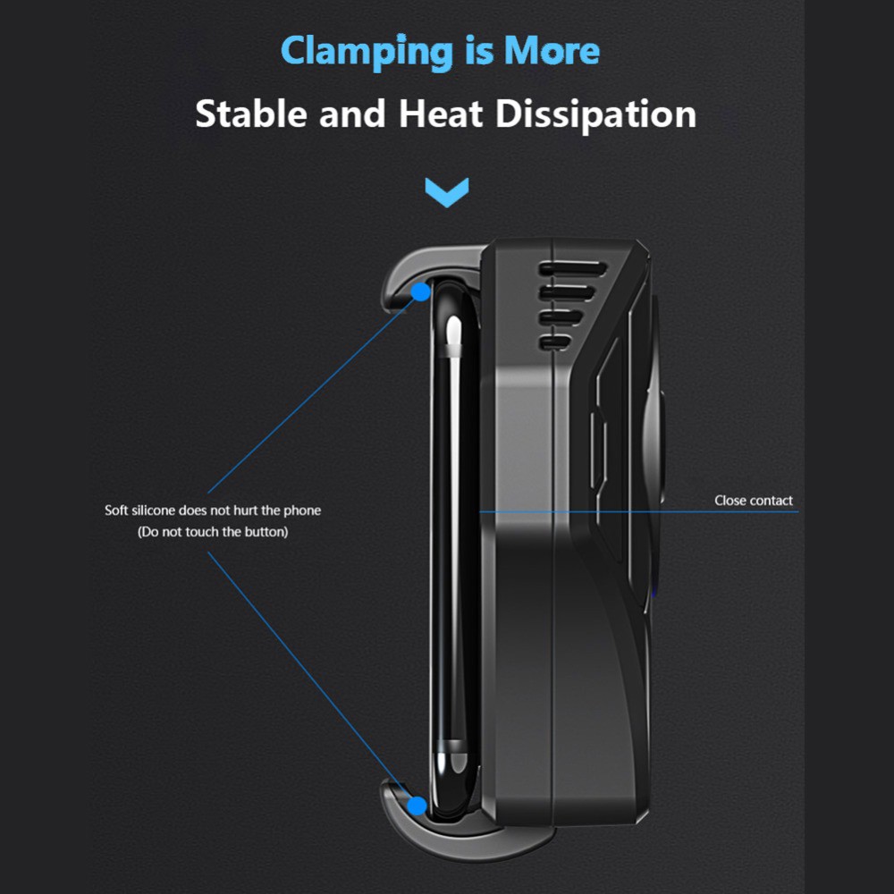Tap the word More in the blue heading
tap(552, 52)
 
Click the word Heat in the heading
tap(443, 114)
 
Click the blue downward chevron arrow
tap(447, 190)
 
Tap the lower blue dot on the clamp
tap(417, 805)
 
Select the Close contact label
tap(754, 501)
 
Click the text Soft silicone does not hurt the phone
tap(213, 510)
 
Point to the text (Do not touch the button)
tap(213, 532)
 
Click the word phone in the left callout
tap(302, 510)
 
